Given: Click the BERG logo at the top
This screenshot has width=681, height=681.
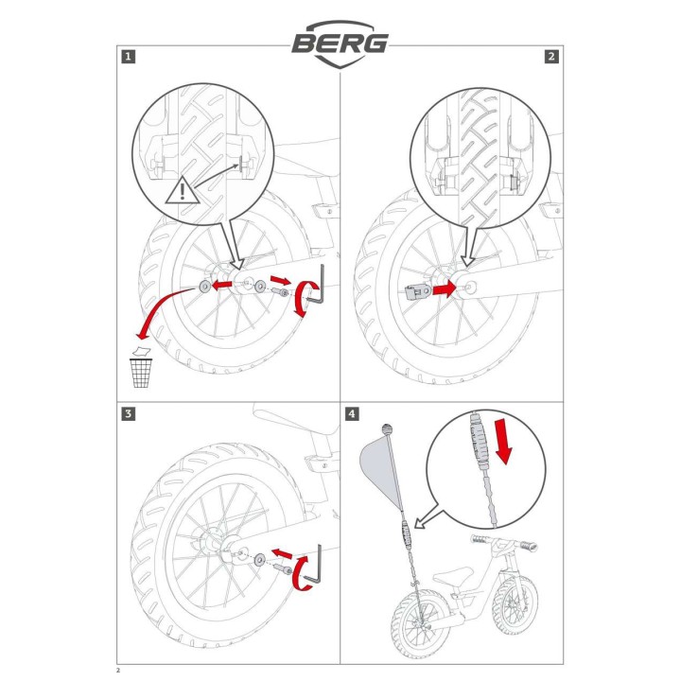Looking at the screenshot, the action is [x=340, y=44].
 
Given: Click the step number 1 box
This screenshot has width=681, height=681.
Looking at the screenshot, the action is [x=129, y=57].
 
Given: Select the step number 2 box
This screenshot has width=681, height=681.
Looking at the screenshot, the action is [x=551, y=57].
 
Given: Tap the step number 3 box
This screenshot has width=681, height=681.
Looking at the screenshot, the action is [x=129, y=413].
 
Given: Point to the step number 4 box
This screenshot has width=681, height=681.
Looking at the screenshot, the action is [x=352, y=413].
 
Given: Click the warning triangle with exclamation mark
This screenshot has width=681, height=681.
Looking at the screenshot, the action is [x=183, y=191].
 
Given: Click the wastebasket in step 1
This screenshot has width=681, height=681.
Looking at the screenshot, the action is [x=141, y=373].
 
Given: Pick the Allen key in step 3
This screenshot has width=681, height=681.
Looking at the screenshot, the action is [x=313, y=565].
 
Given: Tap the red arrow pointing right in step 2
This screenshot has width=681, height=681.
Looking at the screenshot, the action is [x=444, y=288].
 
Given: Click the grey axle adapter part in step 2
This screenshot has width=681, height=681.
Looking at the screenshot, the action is [x=418, y=292].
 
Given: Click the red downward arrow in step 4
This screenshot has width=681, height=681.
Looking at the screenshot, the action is [x=504, y=441].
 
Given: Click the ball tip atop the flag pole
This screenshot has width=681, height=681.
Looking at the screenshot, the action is [x=388, y=429].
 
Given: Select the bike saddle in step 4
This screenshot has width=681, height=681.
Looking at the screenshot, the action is [x=453, y=576].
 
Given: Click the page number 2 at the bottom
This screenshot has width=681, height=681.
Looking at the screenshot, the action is [x=118, y=671].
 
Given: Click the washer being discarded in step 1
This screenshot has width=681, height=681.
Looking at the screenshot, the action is [x=203, y=287].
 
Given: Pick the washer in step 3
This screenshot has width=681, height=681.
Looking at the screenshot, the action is [x=260, y=559].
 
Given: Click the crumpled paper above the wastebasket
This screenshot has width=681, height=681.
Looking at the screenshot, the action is [x=141, y=351].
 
